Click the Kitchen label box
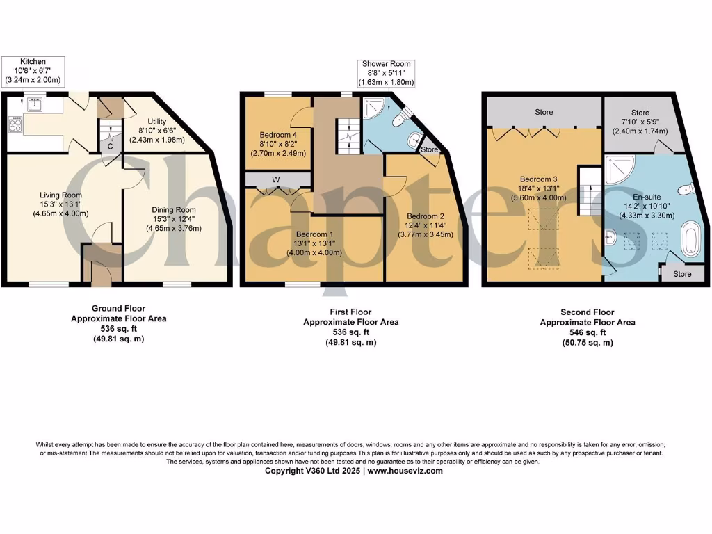[x=33, y=71]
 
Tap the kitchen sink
[x=33, y=105]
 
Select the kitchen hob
[x=15, y=125]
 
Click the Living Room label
[x=60, y=204]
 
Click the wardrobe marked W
[x=276, y=180]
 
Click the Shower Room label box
[x=386, y=73]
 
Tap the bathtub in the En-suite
[x=691, y=238]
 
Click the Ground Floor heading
[x=119, y=309]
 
